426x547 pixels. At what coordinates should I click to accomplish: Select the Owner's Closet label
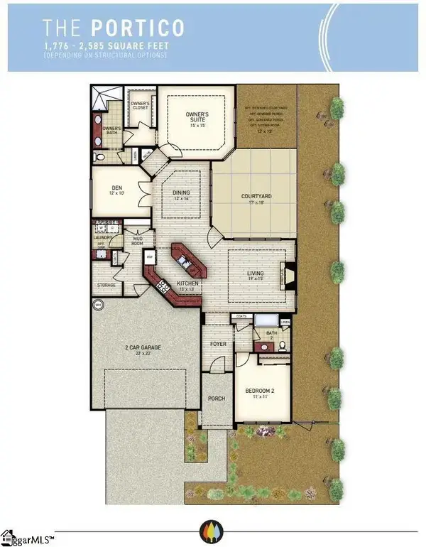point(140,106)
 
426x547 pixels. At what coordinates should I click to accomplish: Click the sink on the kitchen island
point(187,262)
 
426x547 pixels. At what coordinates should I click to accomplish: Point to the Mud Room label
point(139,240)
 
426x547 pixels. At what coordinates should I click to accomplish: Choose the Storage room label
point(106,286)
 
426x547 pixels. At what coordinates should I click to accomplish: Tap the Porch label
point(216,399)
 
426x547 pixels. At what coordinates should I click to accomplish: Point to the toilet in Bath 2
point(282,345)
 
